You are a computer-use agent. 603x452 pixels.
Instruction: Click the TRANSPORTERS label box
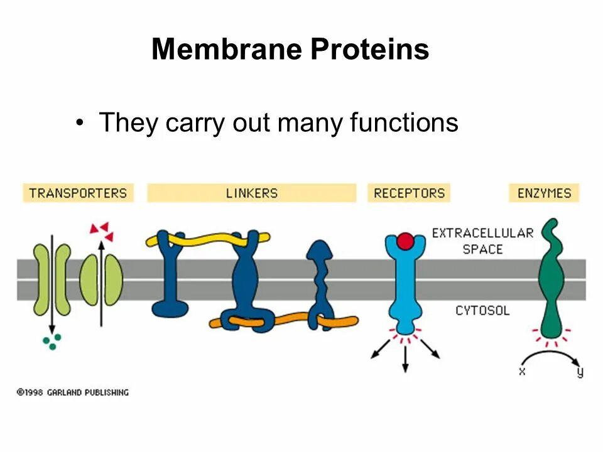pos(79,193)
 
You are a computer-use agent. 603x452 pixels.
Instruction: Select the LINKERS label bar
pos(251,193)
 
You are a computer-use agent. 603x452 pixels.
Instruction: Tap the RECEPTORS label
pos(409,193)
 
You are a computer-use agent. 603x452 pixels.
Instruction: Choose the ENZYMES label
pos(544,193)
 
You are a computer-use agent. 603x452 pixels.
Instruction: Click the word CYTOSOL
pos(482,310)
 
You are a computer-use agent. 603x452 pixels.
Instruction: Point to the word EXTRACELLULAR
pos(482,233)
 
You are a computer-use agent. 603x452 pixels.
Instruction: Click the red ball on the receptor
pos(406,241)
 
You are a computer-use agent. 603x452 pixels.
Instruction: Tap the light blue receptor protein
pos(405,282)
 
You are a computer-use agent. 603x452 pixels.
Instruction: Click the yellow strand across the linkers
pos(207,239)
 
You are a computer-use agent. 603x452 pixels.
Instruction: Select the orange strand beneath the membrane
pos(283,320)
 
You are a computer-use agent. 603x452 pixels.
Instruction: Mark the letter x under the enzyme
pos(522,371)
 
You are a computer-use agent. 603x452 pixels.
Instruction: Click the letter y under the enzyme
pos(579,372)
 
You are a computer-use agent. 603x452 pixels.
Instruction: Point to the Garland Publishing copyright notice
pos(72,392)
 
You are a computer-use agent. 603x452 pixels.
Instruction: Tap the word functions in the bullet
pos(404,122)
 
